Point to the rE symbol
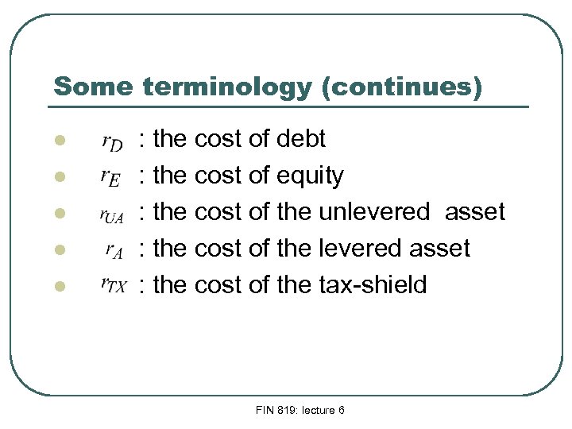click(x=110, y=178)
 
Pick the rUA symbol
click(x=111, y=214)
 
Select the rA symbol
click(x=114, y=250)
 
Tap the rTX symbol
click(x=112, y=286)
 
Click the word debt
click(x=301, y=140)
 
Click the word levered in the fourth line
click(x=361, y=249)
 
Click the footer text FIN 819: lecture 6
click(x=300, y=410)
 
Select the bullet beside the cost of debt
click(x=58, y=141)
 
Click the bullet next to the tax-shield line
click(x=58, y=286)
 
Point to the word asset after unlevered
click(x=475, y=212)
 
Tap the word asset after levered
click(x=439, y=249)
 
